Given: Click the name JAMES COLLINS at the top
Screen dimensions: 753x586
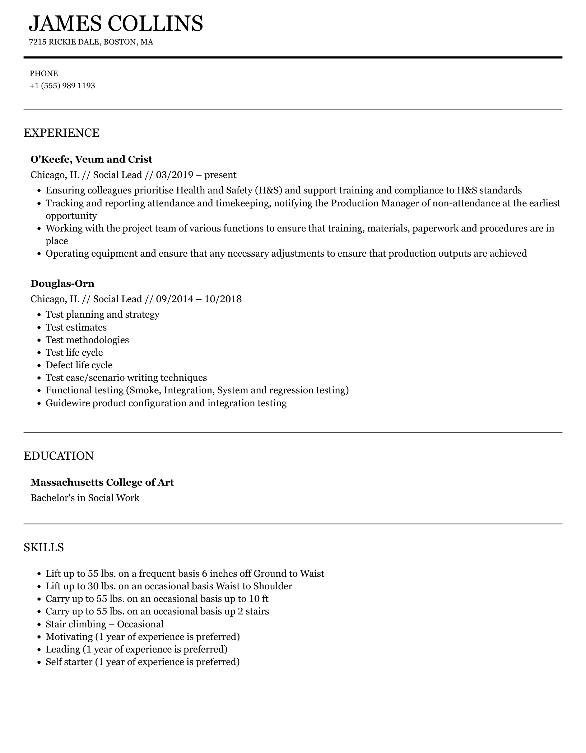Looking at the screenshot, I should point(116,24).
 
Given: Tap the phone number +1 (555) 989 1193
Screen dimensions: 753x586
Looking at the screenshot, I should point(62,86).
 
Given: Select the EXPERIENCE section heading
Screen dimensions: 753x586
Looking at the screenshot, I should point(61,133).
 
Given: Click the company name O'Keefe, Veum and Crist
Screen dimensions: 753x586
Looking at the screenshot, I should point(91,159).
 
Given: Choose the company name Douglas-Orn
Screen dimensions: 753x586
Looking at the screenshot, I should point(62,284).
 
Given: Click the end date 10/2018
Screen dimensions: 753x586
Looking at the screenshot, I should point(223,299).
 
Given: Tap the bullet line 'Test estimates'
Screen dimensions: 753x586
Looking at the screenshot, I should point(76,327).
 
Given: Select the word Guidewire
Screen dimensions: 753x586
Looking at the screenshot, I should point(68,403).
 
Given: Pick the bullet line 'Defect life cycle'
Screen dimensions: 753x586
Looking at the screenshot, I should point(79,365).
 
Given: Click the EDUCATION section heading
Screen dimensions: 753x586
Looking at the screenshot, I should point(59,456).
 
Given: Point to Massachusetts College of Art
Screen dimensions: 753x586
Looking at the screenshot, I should point(102,482).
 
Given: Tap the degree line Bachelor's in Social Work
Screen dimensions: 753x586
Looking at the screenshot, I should point(85,498).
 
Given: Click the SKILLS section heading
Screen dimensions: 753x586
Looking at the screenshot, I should point(44,547).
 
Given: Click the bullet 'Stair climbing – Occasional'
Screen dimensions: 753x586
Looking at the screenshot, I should point(104,624).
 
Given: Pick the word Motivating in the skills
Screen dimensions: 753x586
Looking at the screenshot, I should point(69,637).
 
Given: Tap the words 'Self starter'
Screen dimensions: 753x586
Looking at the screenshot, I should point(69,662).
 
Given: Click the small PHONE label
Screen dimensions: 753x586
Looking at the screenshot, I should point(44,74).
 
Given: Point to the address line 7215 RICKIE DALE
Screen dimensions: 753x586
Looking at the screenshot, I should point(65,42).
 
